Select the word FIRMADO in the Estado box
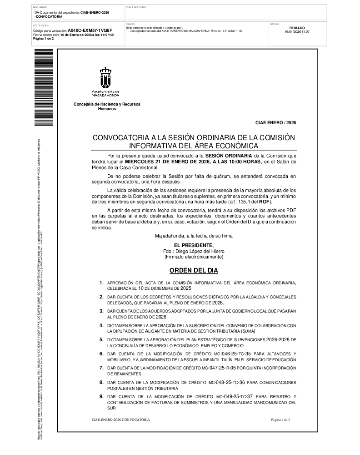(x=297, y=28)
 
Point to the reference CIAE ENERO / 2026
(x=275, y=123)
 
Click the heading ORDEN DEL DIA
(x=194, y=270)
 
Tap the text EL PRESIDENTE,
(x=194, y=246)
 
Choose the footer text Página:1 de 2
(x=280, y=420)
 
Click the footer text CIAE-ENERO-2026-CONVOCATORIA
(x=120, y=420)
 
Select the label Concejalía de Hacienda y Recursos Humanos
(x=107, y=106)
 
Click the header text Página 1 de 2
(x=44, y=39)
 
